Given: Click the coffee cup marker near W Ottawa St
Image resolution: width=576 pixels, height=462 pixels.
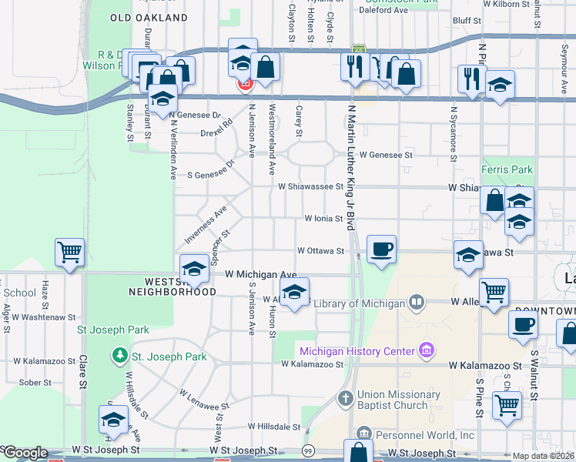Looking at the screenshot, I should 381,249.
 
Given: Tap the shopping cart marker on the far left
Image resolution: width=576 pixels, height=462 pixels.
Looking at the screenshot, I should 69,253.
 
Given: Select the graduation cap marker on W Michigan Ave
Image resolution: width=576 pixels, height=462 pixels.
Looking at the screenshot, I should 194,269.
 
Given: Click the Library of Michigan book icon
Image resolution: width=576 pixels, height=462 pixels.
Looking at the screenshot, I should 417,303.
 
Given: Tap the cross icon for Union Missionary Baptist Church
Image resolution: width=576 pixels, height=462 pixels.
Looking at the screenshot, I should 346,399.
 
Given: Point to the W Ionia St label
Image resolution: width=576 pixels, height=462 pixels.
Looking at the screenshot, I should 323,219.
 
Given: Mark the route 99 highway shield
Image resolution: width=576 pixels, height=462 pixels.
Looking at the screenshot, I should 308,450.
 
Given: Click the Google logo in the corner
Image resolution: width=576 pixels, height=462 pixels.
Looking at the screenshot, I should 25,453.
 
